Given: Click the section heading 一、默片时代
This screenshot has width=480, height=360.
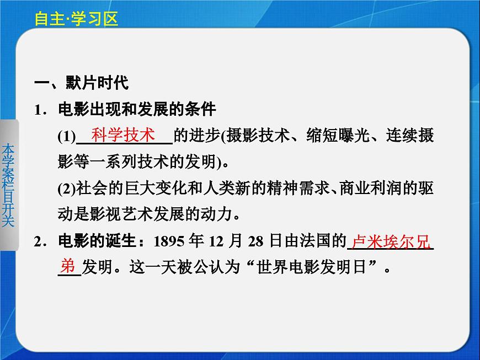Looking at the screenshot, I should click(x=81, y=83).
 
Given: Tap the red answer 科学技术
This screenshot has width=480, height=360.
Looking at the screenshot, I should click(x=124, y=135).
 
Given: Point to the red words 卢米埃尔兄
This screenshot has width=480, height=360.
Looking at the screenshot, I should click(x=390, y=241).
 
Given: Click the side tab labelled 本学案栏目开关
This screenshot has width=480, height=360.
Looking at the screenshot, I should click(x=8, y=185).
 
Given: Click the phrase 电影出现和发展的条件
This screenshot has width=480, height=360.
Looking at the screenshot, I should click(x=137, y=110).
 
